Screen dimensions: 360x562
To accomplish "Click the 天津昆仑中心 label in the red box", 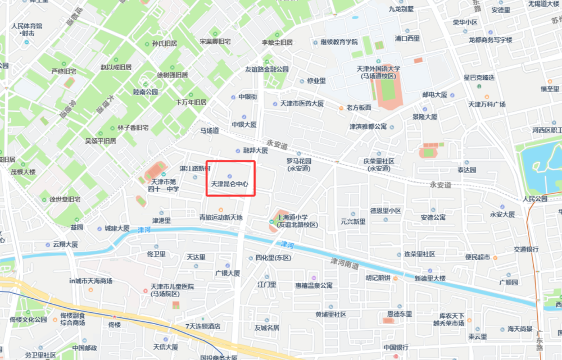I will (x=229, y=184).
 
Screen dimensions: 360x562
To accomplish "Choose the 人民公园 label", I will (x=534, y=199).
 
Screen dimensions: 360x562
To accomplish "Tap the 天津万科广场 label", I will (x=487, y=104).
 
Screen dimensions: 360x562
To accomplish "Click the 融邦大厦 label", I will (x=256, y=151).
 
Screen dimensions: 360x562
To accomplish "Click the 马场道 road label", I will (x=210, y=130).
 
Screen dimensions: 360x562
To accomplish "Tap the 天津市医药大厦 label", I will (x=302, y=104).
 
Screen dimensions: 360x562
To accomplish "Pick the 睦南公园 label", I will (x=146, y=92).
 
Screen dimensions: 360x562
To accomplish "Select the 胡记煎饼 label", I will (x=377, y=277).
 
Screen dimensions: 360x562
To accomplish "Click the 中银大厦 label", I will (x=244, y=125).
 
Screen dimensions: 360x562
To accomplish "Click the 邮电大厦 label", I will (x=434, y=95).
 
